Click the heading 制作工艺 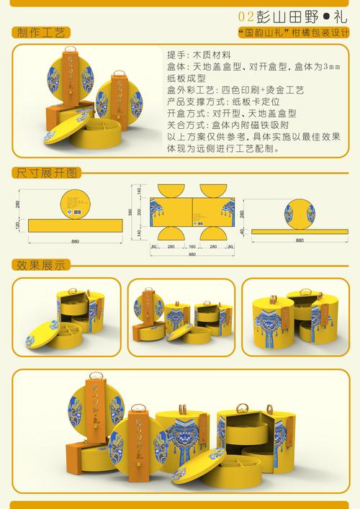pyautogui.click(x=39, y=33)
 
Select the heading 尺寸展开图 pyautogui.click(x=44, y=173)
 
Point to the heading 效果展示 pyautogui.click(x=39, y=265)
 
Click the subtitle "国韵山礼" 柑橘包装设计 pyautogui.click(x=293, y=34)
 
